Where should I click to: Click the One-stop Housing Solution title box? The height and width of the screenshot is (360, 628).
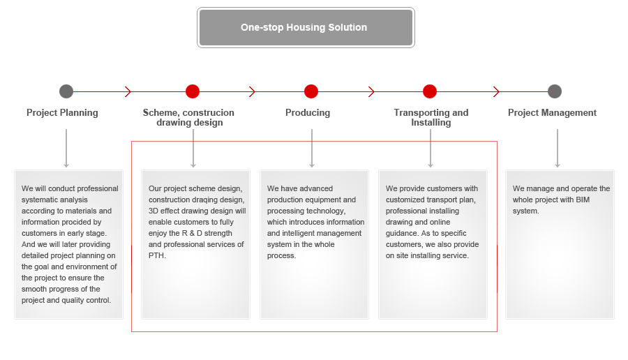[306, 27]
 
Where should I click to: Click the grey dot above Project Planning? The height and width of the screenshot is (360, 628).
[66, 91]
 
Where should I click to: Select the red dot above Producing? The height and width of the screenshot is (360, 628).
[311, 91]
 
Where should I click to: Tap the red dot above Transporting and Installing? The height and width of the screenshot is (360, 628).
[429, 91]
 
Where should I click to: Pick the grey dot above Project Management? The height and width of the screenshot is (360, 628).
[554, 91]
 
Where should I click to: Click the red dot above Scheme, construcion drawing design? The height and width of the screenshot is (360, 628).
[193, 91]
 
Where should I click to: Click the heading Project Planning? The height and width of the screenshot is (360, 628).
[62, 113]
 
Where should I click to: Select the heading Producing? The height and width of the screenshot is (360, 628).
[308, 113]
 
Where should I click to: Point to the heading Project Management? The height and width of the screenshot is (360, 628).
[552, 113]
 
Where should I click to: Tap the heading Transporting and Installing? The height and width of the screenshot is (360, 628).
[431, 117]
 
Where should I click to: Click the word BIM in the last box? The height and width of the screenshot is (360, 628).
[583, 200]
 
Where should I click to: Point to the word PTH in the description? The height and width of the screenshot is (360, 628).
[156, 255]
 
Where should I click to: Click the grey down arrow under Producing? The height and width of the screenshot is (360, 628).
[312, 148]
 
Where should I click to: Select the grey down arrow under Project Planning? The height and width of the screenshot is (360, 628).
[66, 148]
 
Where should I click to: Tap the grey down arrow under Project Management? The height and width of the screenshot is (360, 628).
[557, 148]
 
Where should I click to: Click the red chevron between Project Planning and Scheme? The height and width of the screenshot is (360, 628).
[128, 91]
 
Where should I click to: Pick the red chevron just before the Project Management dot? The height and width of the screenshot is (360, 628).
[497, 91]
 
